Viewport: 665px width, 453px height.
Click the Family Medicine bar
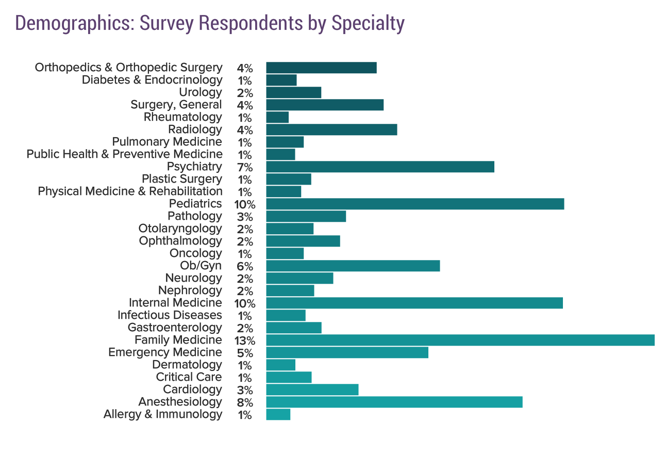(460, 340)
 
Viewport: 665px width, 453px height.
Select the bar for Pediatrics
(415, 204)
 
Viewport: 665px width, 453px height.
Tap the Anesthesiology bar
(394, 402)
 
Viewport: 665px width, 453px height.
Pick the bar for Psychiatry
(380, 167)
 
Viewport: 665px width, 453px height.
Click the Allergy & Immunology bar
(278, 414)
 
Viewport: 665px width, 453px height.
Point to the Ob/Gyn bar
(353, 266)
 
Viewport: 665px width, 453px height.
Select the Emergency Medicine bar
(347, 352)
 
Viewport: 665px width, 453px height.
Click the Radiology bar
(331, 130)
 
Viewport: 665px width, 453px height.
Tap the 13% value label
(244, 341)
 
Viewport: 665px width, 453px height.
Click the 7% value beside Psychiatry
(245, 167)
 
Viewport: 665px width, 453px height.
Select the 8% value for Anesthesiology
(245, 402)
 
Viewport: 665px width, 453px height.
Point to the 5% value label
(245, 353)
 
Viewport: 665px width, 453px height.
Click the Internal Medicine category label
(175, 303)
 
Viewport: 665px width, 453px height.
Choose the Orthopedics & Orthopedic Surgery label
(128, 68)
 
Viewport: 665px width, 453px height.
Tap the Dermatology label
(187, 365)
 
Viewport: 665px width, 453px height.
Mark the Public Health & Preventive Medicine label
(124, 154)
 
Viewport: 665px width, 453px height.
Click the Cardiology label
(192, 390)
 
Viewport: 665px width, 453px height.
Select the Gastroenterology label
(175, 328)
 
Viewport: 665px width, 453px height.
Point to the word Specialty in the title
(368, 23)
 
